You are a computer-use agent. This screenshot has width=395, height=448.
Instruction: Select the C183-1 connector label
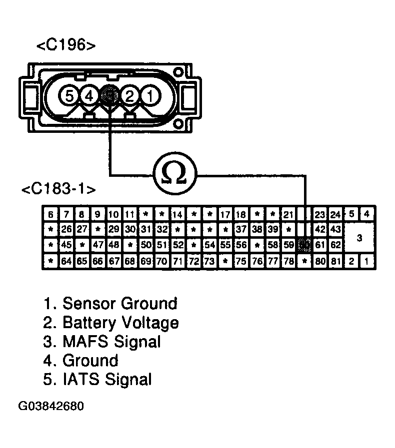(58, 190)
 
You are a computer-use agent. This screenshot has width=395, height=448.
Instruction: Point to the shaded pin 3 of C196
(109, 94)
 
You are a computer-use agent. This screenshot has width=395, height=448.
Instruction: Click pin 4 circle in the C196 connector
(89, 95)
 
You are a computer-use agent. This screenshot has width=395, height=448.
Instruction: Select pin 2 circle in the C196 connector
(129, 95)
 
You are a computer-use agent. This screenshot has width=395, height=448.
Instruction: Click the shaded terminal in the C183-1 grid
(303, 245)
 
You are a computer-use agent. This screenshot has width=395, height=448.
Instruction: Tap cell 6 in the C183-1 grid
(50, 214)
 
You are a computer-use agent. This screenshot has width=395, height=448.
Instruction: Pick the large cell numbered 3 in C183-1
(359, 238)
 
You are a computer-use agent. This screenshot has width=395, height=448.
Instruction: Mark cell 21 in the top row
(288, 214)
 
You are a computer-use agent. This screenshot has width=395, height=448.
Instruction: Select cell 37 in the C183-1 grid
(240, 229)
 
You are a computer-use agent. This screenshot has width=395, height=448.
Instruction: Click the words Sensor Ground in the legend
(119, 303)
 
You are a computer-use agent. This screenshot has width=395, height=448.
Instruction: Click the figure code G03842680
(51, 406)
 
